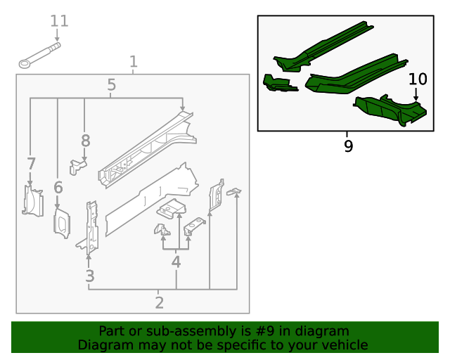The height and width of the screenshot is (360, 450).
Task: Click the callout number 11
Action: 59,21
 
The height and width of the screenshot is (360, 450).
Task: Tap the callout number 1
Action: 134,63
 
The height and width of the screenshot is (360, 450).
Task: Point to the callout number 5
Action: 112,86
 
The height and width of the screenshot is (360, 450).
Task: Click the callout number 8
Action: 85,140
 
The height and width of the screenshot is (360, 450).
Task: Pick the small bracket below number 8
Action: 77,166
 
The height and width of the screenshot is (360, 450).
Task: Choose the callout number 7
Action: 31,165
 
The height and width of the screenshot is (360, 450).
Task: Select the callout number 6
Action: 58,187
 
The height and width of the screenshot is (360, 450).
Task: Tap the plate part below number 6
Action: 62,223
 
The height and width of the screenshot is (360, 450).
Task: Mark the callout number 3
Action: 89,276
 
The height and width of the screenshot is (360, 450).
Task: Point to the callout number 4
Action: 176,262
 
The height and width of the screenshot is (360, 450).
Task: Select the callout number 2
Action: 159,303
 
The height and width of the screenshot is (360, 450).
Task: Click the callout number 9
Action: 348,146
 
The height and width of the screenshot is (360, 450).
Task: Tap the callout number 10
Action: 418,79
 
